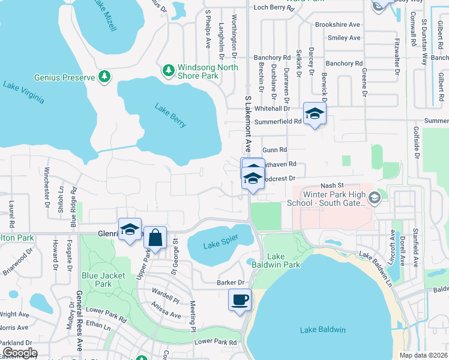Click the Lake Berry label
[170, 116]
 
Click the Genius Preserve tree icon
[105, 77]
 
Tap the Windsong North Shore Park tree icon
[169, 71]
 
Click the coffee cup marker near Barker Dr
[240, 299]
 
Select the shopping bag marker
[155, 237]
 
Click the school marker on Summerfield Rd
[314, 113]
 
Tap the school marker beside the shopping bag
[130, 229]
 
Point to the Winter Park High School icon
[374, 197]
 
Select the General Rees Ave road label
[79, 321]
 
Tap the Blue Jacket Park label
[97, 280]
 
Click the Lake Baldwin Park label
[283, 260]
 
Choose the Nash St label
[331, 186]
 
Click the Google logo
[19, 353]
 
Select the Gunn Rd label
[274, 149]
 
